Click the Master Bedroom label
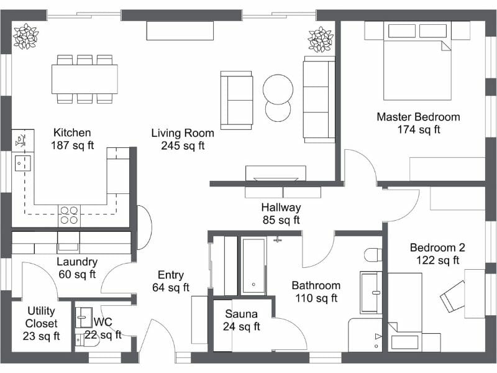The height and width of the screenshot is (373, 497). click(x=418, y=123)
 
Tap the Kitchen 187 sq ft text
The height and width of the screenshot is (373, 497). click(x=72, y=139)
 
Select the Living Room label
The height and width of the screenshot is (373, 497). click(x=183, y=139)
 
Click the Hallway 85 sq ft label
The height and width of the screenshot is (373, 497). click(x=281, y=213)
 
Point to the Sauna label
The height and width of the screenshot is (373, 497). click(x=242, y=320)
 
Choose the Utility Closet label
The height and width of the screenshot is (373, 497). click(x=42, y=323)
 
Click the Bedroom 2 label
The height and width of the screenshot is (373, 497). click(x=437, y=254)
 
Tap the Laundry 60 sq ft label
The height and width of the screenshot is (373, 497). click(x=76, y=268)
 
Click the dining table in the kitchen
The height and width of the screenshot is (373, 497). click(x=84, y=79)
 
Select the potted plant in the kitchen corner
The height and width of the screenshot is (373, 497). click(x=25, y=36)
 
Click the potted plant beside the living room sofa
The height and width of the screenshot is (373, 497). click(x=321, y=40)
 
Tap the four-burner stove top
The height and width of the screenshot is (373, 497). click(x=68, y=215)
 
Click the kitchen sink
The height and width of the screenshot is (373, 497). click(x=24, y=163)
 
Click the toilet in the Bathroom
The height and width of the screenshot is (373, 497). click(x=373, y=256)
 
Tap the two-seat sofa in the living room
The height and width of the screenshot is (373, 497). click(x=237, y=99)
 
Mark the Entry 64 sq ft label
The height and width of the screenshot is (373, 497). click(x=170, y=281)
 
